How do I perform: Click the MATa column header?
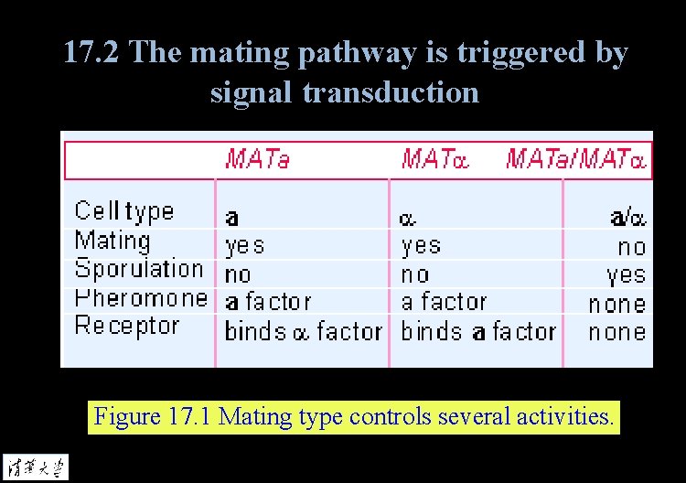coord(257,160)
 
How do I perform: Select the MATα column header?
coord(434,160)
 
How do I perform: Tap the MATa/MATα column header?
coord(576,160)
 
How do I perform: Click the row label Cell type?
coord(123,211)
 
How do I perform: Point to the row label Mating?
coord(113,241)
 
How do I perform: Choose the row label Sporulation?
coord(138,269)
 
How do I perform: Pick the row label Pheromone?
coord(141,297)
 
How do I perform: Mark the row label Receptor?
coord(126,326)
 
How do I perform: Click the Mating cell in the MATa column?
coord(244,245)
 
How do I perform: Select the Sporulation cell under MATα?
coord(414,274)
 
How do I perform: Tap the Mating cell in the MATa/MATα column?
coord(631,246)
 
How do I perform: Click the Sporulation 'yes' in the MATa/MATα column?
coord(626,274)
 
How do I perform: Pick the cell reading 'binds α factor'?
coord(303,331)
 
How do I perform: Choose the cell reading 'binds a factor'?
coord(478,331)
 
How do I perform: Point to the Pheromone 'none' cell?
coord(617,304)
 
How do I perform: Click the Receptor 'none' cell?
coord(617,331)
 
